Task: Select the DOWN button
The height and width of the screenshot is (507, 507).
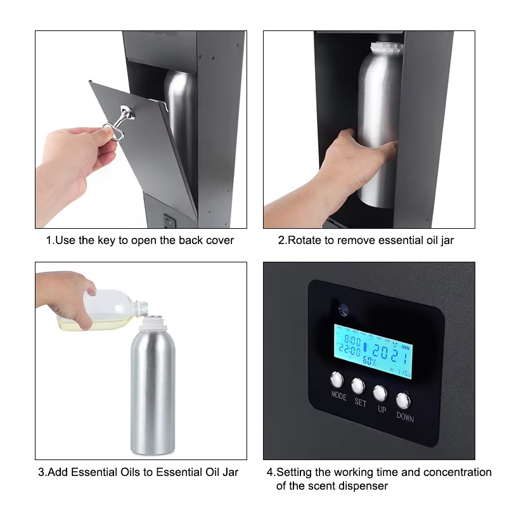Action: [x=404, y=400]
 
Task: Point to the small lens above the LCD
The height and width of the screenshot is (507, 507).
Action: [x=343, y=309]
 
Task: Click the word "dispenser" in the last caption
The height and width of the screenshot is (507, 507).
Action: [x=366, y=485]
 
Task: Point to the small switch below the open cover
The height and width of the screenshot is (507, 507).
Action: [x=169, y=221]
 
